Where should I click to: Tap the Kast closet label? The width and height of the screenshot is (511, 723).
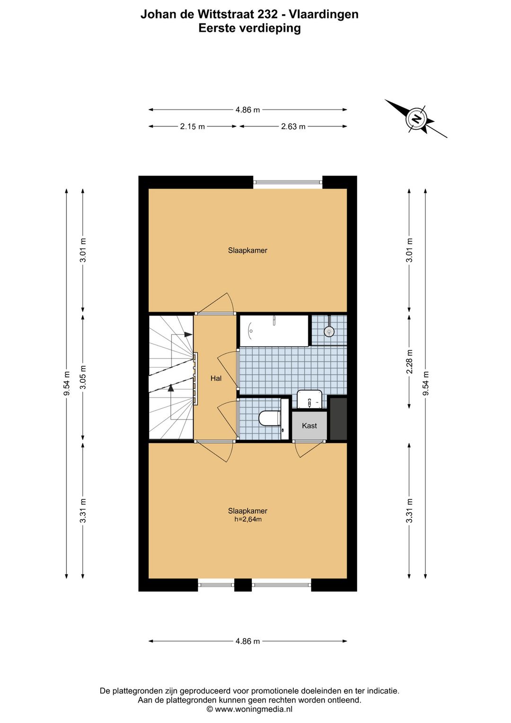pos(309,426)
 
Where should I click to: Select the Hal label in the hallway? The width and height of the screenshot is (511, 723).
pos(216,378)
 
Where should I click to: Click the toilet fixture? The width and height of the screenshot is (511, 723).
pos(269,418)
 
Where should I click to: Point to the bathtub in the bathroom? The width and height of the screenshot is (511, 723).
pos(273,331)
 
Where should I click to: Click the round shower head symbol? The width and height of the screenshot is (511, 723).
pos(329,331)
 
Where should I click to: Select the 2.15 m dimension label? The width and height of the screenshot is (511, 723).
pos(192,127)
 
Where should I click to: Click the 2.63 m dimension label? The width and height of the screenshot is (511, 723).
pos(293,127)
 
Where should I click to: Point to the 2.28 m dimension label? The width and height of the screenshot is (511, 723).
pos(409,362)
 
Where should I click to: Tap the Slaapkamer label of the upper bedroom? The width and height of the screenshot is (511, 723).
pos(247,250)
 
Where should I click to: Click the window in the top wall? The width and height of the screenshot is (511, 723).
pos(288,183)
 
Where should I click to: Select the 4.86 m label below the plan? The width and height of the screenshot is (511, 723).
pos(247,641)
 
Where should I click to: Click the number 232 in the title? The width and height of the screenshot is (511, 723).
pos(255,15)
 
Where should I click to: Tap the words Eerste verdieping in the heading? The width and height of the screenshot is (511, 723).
pos(249,28)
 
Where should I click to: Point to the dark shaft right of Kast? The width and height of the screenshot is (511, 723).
pos(338,419)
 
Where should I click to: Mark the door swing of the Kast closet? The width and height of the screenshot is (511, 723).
pos(308,449)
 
